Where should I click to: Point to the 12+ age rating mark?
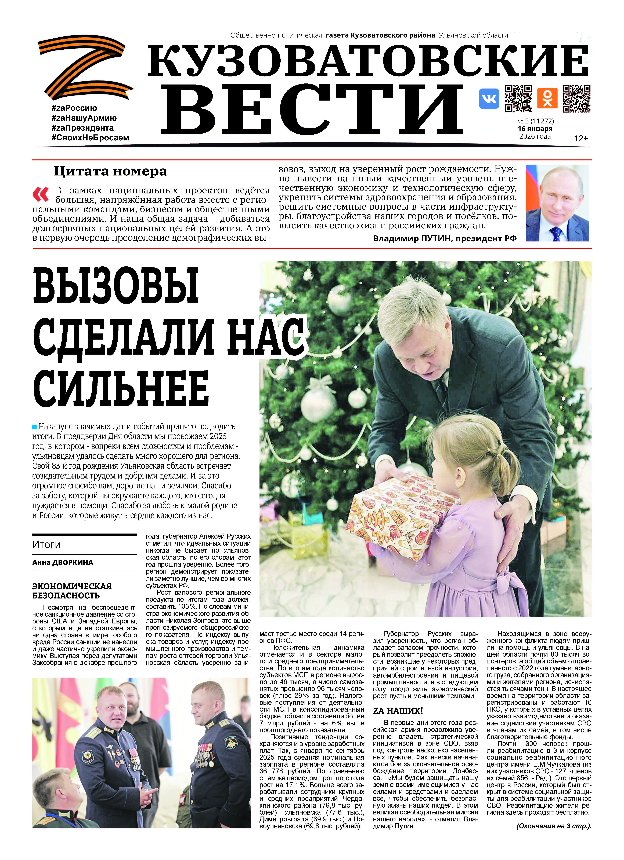[580, 138]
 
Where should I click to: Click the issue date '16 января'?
[535, 128]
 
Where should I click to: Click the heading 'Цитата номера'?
[110, 171]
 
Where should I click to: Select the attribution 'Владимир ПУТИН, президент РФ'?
[445, 238]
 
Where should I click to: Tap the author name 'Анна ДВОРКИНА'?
[63, 562]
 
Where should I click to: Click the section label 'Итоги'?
[47, 545]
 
